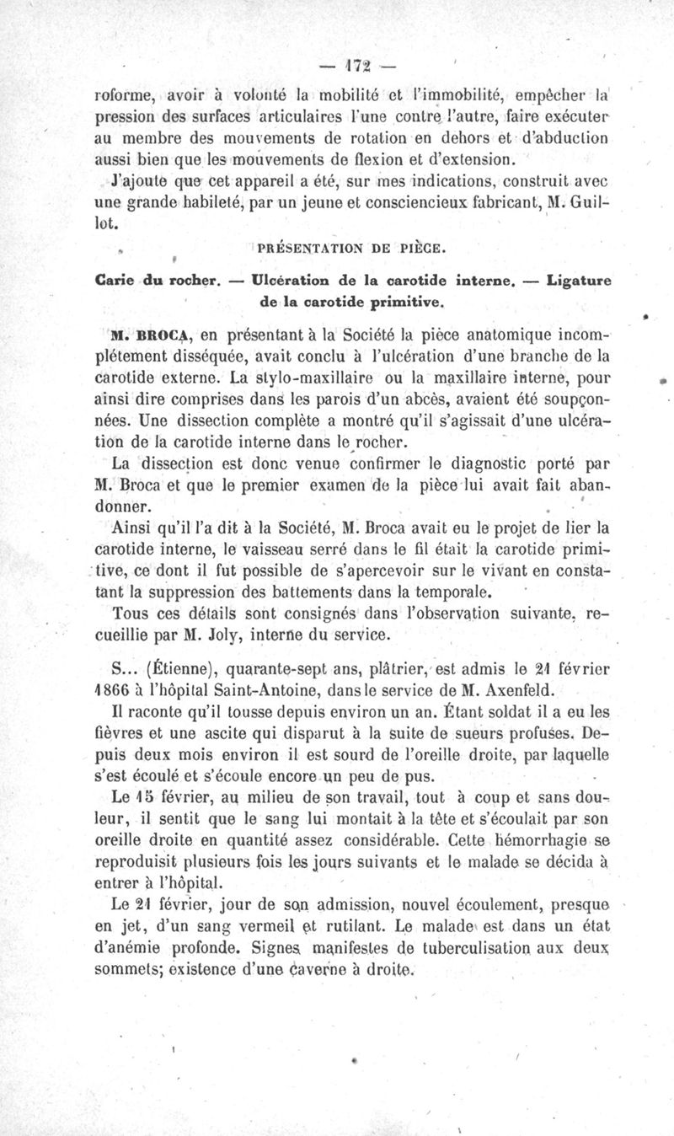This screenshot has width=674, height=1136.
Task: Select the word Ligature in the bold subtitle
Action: [x=579, y=279]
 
